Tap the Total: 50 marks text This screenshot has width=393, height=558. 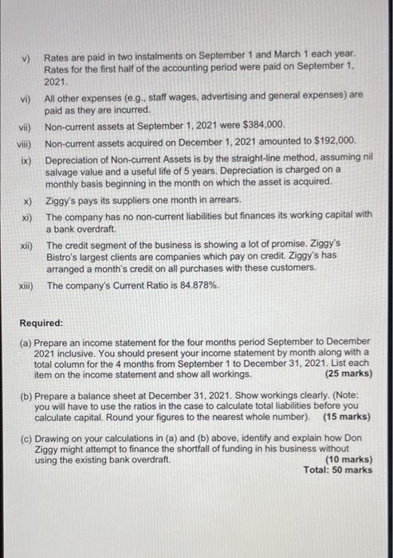pos(338,470)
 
